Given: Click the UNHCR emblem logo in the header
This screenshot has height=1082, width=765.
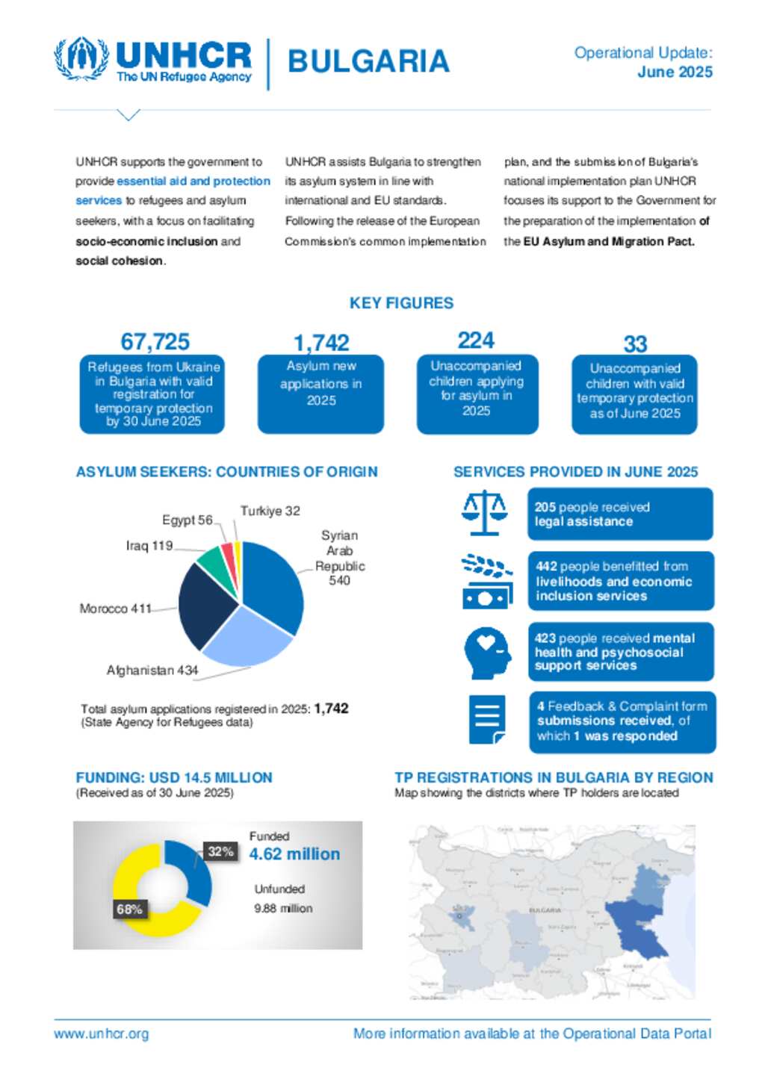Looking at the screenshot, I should (x=81, y=59).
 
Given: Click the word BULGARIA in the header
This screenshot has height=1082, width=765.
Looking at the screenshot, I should (x=368, y=62).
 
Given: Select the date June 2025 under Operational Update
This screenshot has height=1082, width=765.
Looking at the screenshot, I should (x=675, y=72).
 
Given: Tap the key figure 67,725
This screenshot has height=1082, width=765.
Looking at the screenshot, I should (x=155, y=342).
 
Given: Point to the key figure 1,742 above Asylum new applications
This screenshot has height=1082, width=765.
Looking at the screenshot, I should (x=321, y=343).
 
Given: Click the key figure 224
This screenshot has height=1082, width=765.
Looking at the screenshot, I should (x=476, y=341).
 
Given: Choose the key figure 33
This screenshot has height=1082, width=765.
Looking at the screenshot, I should (x=635, y=344).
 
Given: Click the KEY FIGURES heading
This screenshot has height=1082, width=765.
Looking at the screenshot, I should (x=401, y=303).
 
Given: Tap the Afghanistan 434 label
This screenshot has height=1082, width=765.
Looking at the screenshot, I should (x=152, y=671).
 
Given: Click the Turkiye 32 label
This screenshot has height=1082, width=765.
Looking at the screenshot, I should (x=270, y=512).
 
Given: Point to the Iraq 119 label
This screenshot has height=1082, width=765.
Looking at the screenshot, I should (x=149, y=546).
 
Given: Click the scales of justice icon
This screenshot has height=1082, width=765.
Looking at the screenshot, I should (x=484, y=513).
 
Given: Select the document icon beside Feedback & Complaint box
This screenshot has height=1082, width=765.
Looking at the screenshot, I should (x=487, y=719).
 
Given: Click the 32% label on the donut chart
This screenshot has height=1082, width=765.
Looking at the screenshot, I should (x=220, y=851).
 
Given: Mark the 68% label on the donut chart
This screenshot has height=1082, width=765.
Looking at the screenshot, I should (x=129, y=910).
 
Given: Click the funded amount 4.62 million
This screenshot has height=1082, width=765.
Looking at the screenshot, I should (x=294, y=854).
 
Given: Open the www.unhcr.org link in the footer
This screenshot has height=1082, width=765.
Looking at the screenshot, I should (x=102, y=1034).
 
